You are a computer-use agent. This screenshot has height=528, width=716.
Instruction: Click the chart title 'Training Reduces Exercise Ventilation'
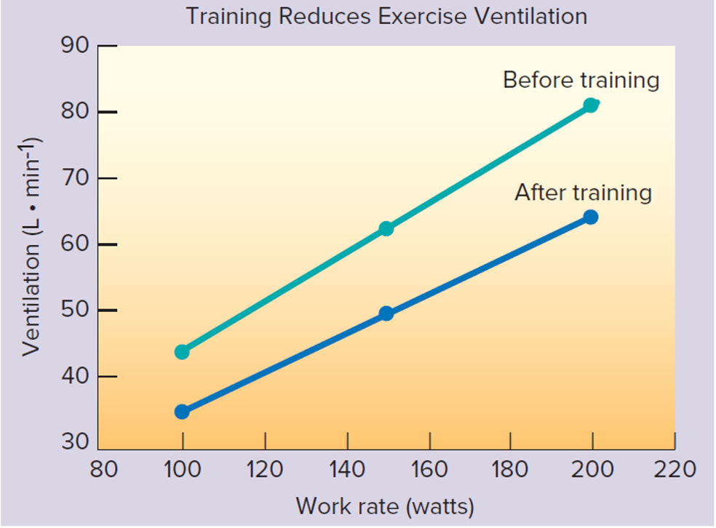pyautogui.click(x=386, y=16)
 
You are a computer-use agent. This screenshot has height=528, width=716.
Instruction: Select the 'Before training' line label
pyautogui.click(x=581, y=79)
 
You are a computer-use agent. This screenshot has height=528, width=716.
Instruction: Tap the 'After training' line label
pyautogui.click(x=583, y=193)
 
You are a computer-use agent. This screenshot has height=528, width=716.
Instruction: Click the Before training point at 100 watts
pyautogui.click(x=182, y=352)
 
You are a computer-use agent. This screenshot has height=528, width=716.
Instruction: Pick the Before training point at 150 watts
pyautogui.click(x=386, y=228)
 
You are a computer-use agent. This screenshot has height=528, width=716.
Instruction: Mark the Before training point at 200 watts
pyautogui.click(x=591, y=105)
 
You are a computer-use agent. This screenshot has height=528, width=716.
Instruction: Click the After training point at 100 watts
pyautogui.click(x=182, y=412)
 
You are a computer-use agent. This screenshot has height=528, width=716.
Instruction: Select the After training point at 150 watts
pyautogui.click(x=386, y=313)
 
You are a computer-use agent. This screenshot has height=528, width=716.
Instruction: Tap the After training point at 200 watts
pyautogui.click(x=591, y=217)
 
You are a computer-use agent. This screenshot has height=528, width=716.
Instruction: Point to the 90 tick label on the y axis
pyautogui.click(x=76, y=47)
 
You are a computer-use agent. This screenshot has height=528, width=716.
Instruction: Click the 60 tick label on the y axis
pyautogui.click(x=76, y=244)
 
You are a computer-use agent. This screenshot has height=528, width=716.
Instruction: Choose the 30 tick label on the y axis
pyautogui.click(x=76, y=442)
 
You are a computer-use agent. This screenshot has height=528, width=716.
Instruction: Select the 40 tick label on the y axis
pyautogui.click(x=76, y=377)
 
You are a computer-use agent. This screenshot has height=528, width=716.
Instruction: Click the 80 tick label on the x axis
pyautogui.click(x=103, y=469)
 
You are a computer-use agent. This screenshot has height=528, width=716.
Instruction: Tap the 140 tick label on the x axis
pyautogui.click(x=347, y=469)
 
